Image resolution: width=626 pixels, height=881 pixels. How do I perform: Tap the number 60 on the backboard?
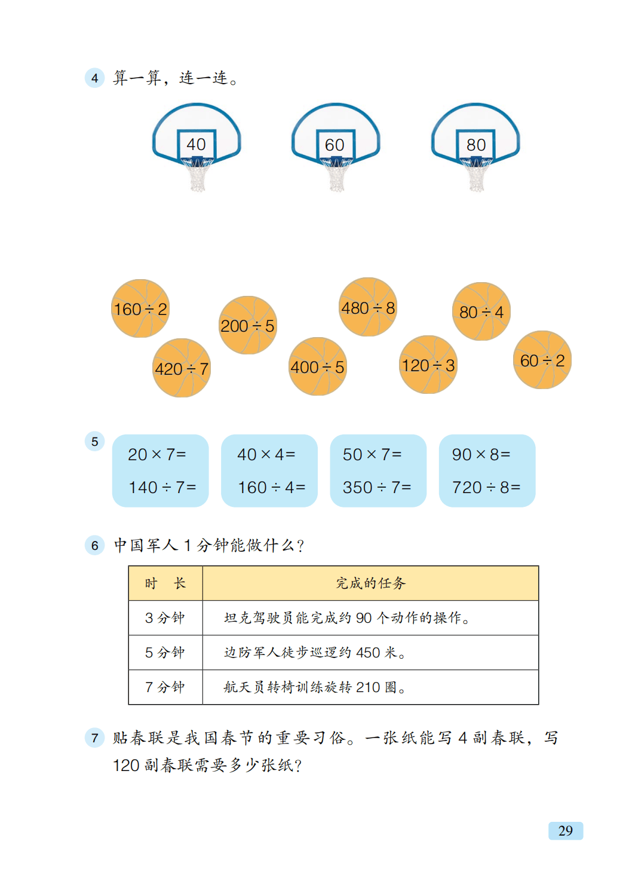point(335,145)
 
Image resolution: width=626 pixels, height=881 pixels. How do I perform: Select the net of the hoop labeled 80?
point(476,176)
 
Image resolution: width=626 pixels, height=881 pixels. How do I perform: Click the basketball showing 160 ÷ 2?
point(140,308)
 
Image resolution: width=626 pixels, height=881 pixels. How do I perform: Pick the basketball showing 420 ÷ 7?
point(182,368)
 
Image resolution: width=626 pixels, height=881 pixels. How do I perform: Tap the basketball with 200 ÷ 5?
point(247,325)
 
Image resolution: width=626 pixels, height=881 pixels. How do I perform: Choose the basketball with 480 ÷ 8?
point(368,307)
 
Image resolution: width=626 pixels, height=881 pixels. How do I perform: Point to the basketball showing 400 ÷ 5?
point(317,366)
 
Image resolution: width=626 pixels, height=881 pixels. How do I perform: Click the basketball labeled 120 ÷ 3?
point(428,365)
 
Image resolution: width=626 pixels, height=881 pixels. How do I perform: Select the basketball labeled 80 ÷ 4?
point(481,311)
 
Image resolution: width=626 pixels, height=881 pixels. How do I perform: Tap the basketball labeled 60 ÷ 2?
point(542,360)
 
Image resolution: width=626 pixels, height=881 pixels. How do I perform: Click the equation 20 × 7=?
point(157,455)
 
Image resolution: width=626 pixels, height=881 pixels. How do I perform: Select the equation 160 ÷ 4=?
point(272,488)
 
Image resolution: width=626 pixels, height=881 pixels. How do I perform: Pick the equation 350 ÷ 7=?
point(377,488)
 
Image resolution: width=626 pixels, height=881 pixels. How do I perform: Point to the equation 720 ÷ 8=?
point(486,488)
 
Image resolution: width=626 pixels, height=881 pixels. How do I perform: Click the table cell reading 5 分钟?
point(165,653)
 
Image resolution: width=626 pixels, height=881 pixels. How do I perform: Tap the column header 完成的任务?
point(370,583)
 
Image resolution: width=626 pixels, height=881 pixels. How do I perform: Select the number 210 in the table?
point(368,687)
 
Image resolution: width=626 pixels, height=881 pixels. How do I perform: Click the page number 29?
point(565,831)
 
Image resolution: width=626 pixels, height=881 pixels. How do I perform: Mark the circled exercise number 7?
point(94,738)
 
